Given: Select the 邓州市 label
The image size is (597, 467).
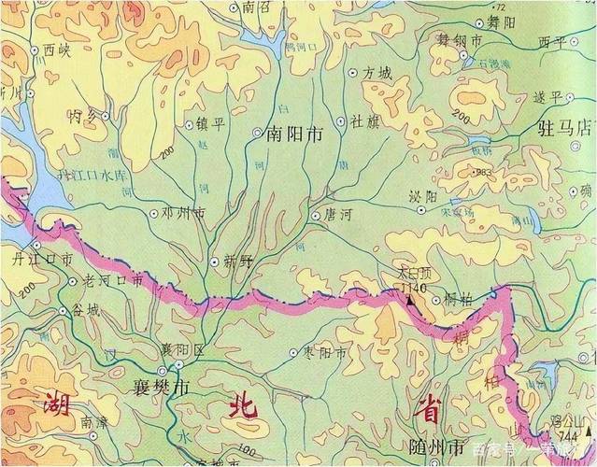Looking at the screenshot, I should [x=182, y=213].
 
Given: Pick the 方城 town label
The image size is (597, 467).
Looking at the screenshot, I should [x=377, y=72].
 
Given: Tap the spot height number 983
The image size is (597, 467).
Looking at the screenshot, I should [x=483, y=173].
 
